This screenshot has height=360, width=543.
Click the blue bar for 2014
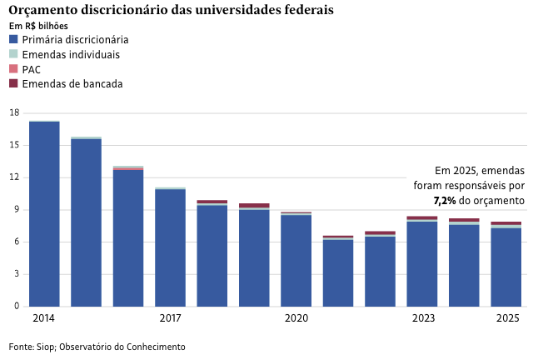[44, 214]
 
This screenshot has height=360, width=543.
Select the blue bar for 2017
[170, 248]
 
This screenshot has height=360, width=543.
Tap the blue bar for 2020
[296, 261]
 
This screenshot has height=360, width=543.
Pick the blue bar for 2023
[422, 264]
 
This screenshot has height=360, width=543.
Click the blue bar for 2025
[506, 267]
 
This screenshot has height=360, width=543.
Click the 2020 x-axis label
[296, 318]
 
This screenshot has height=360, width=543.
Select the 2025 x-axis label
[507, 318]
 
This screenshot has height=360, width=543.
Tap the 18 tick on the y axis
[13, 112]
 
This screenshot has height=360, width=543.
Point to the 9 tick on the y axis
[15, 210]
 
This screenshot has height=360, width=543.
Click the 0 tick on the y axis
[15, 307]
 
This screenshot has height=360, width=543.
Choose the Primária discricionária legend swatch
[13, 39]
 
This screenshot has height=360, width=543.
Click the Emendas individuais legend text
[71, 54]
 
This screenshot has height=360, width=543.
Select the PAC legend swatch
[13, 69]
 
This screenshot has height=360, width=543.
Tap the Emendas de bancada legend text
[72, 84]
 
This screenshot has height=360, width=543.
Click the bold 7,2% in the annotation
[445, 201]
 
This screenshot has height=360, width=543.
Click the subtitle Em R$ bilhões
[38, 26]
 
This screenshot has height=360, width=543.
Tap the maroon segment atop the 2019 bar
[254, 205]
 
